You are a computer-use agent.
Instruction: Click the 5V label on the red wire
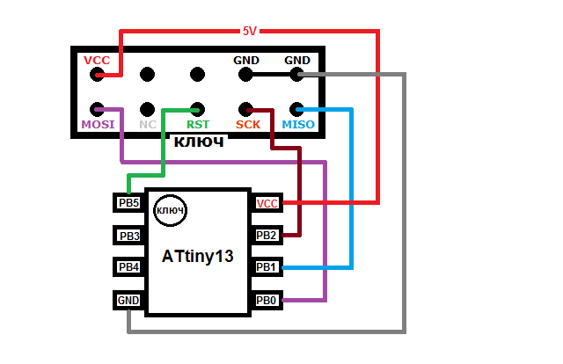250,32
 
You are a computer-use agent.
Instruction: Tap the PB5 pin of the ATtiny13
128,203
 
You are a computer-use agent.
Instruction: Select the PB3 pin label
129,236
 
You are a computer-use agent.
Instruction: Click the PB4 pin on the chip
128,266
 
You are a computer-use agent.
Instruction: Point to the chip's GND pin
128,300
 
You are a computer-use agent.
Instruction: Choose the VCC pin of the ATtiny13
267,203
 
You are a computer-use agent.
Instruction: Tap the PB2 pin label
266,236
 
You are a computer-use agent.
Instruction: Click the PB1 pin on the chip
267,266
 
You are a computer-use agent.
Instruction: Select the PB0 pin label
266,300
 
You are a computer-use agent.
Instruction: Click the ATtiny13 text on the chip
197,257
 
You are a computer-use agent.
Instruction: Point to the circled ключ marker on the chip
170,210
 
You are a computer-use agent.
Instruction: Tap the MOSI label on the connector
98,124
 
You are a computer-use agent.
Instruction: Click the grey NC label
148,124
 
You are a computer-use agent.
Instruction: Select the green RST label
198,124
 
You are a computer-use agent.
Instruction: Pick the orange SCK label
248,124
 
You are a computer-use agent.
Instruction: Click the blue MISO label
298,124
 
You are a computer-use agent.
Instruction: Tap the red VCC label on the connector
97,60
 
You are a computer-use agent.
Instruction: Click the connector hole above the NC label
147,110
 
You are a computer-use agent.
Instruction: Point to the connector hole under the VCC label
97,75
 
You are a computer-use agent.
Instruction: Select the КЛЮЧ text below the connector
199,142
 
